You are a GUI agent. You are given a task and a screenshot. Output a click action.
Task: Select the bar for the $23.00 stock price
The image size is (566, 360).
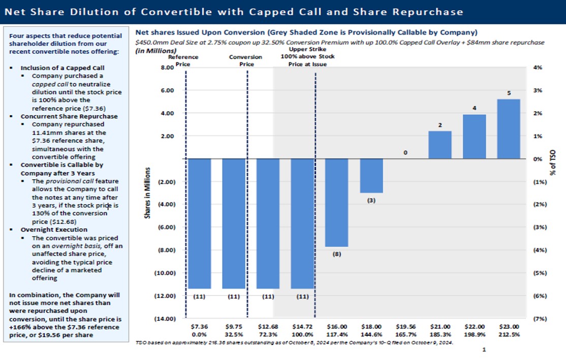click(x=509, y=129)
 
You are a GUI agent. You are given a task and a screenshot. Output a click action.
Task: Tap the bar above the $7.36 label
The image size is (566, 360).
click(x=199, y=223)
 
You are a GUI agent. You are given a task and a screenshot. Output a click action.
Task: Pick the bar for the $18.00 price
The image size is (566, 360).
click(x=371, y=176)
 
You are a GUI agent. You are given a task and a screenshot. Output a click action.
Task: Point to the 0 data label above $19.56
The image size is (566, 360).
click(x=405, y=152)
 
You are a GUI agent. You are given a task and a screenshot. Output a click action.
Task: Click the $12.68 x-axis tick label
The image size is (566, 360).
click(x=268, y=326)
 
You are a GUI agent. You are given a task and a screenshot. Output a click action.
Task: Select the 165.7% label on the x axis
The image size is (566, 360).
click(x=405, y=335)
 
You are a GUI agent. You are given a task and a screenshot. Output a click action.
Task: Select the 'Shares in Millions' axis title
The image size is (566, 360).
click(x=147, y=193)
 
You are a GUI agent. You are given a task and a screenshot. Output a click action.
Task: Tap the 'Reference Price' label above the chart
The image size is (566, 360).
click(x=183, y=60)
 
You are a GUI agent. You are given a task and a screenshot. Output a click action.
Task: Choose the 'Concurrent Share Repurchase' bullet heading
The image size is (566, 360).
click(x=69, y=116)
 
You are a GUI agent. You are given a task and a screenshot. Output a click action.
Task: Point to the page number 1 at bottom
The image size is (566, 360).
click(x=484, y=350)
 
